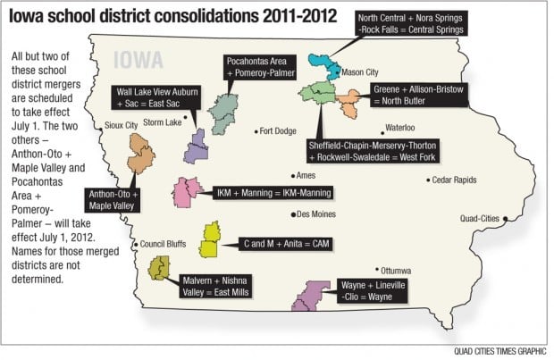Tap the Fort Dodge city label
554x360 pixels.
(278, 130)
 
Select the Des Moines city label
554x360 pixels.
(315, 214)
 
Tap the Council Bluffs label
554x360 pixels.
(161, 244)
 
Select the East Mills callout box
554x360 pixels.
(215, 285)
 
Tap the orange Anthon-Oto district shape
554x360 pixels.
(140, 154)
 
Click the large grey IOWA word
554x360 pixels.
(138, 60)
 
